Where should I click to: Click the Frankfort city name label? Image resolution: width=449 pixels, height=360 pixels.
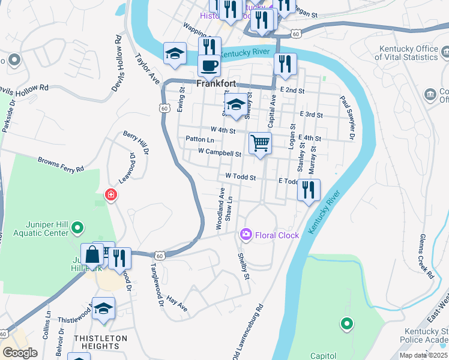click(216, 85)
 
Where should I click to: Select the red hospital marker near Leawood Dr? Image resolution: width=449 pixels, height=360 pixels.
click(110, 195)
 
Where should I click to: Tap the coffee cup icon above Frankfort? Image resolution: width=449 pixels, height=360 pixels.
click(209, 65)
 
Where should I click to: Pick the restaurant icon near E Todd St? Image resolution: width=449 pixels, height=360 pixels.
click(309, 190)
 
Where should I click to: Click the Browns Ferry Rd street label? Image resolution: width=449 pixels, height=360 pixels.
click(61, 165)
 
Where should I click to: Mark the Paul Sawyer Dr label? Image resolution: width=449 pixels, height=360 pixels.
click(348, 114)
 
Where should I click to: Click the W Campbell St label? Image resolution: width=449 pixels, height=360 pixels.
click(219, 153)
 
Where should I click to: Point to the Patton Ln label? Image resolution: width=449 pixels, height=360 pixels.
click(196, 139)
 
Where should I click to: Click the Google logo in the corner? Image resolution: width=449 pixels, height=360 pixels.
click(20, 352)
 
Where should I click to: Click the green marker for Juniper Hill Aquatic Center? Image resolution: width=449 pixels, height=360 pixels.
click(77, 228)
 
